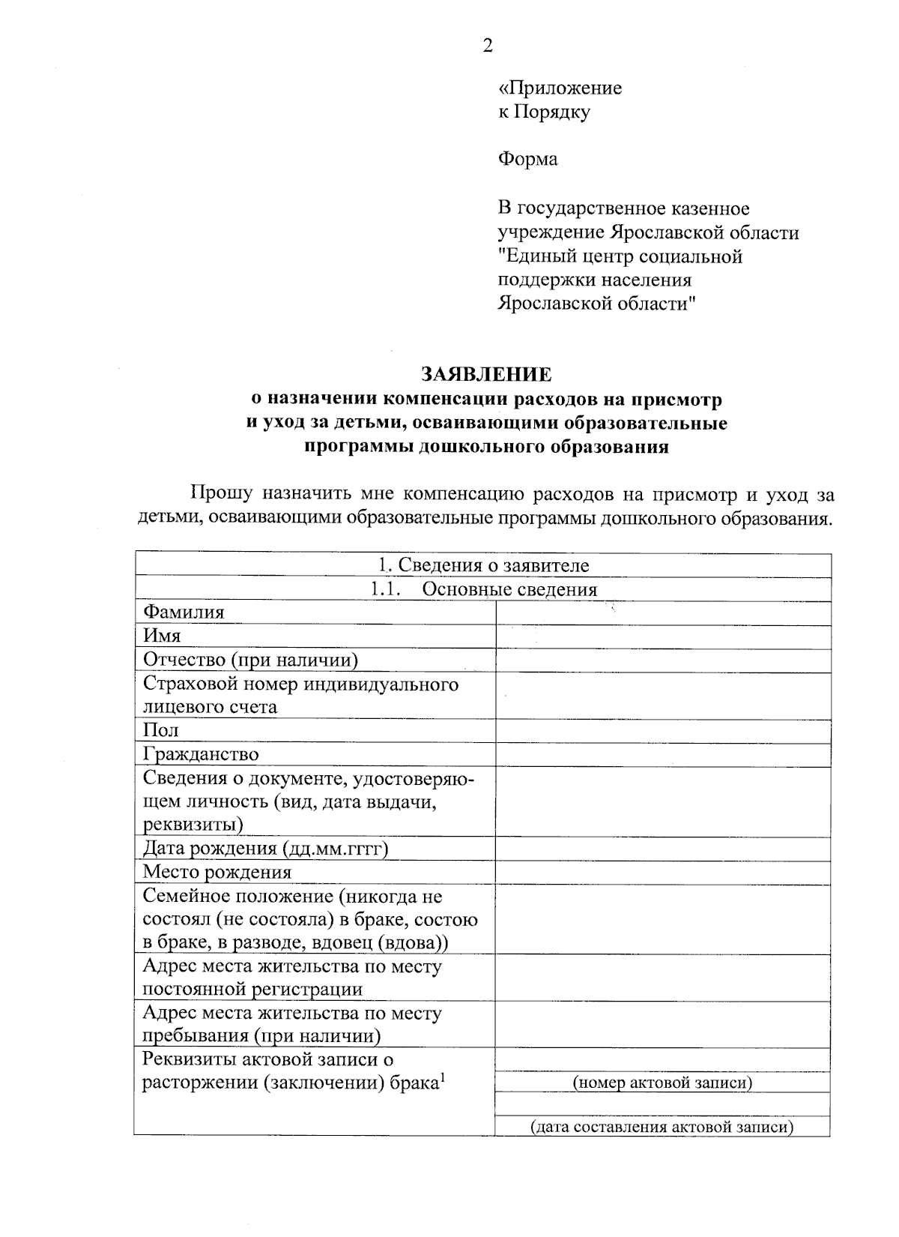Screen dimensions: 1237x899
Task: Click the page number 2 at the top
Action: [488, 46]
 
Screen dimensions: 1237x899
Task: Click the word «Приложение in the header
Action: [560, 88]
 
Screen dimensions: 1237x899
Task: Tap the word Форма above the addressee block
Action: [527, 160]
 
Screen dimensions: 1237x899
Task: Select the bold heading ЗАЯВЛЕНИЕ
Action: [486, 374]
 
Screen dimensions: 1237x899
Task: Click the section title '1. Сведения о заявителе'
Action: [483, 565]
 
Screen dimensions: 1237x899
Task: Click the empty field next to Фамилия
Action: [662, 613]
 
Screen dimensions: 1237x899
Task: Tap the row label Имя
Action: [162, 636]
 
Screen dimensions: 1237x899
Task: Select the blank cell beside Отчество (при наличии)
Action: [662, 660]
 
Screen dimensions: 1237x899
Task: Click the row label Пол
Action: [160, 730]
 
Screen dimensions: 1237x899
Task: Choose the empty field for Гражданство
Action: [662, 754]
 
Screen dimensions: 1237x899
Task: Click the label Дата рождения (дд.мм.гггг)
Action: [265, 849]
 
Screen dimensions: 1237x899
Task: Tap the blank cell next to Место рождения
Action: [662, 872]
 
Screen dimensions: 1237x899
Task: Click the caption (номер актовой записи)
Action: [662, 1083]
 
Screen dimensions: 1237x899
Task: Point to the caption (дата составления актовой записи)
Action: [662, 1127]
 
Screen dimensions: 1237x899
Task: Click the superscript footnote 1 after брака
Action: [443, 1078]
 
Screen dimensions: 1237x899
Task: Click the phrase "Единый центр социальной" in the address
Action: [620, 256]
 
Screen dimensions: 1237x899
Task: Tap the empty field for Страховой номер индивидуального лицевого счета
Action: [662, 696]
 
